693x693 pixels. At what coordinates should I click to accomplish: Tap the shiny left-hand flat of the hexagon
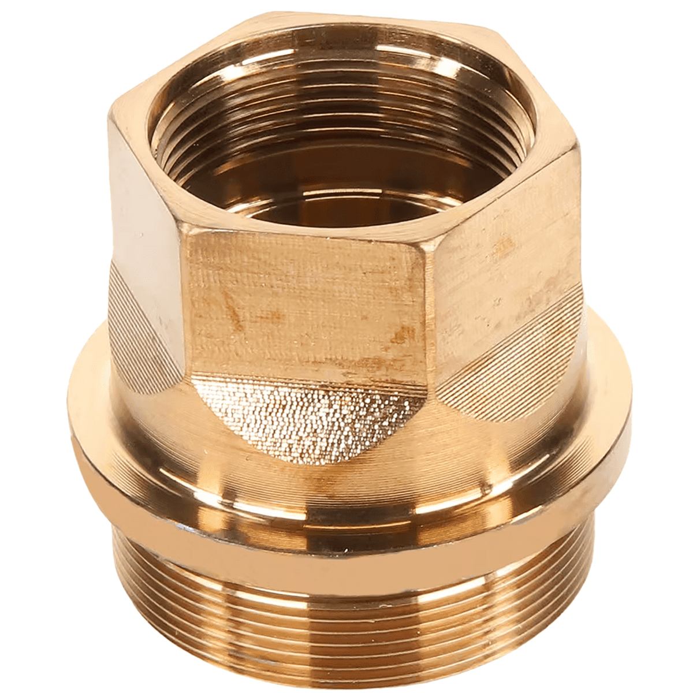[141, 231]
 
